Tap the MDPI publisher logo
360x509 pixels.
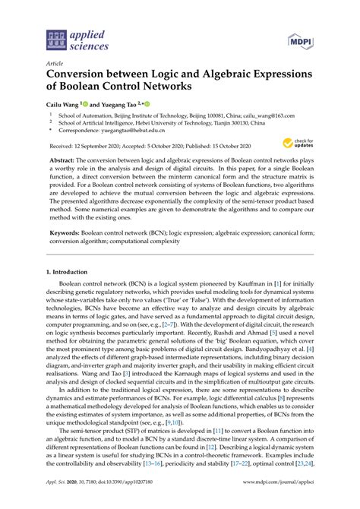[x=302, y=39]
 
